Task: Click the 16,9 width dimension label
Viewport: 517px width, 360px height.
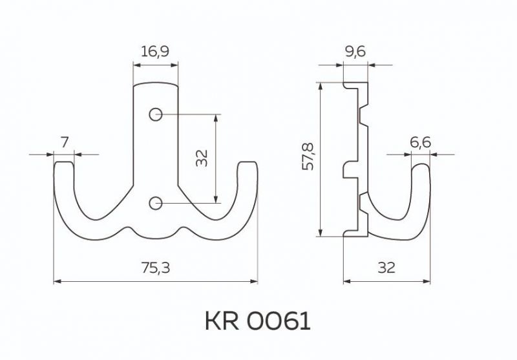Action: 155,52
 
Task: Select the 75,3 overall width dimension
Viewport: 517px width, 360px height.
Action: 155,268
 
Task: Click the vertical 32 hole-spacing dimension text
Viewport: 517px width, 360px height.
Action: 203,158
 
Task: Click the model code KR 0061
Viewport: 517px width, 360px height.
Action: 258,321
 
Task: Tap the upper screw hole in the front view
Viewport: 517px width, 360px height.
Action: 155,114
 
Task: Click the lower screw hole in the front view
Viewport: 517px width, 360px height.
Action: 155,204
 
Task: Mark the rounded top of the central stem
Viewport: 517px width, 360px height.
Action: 155,84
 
